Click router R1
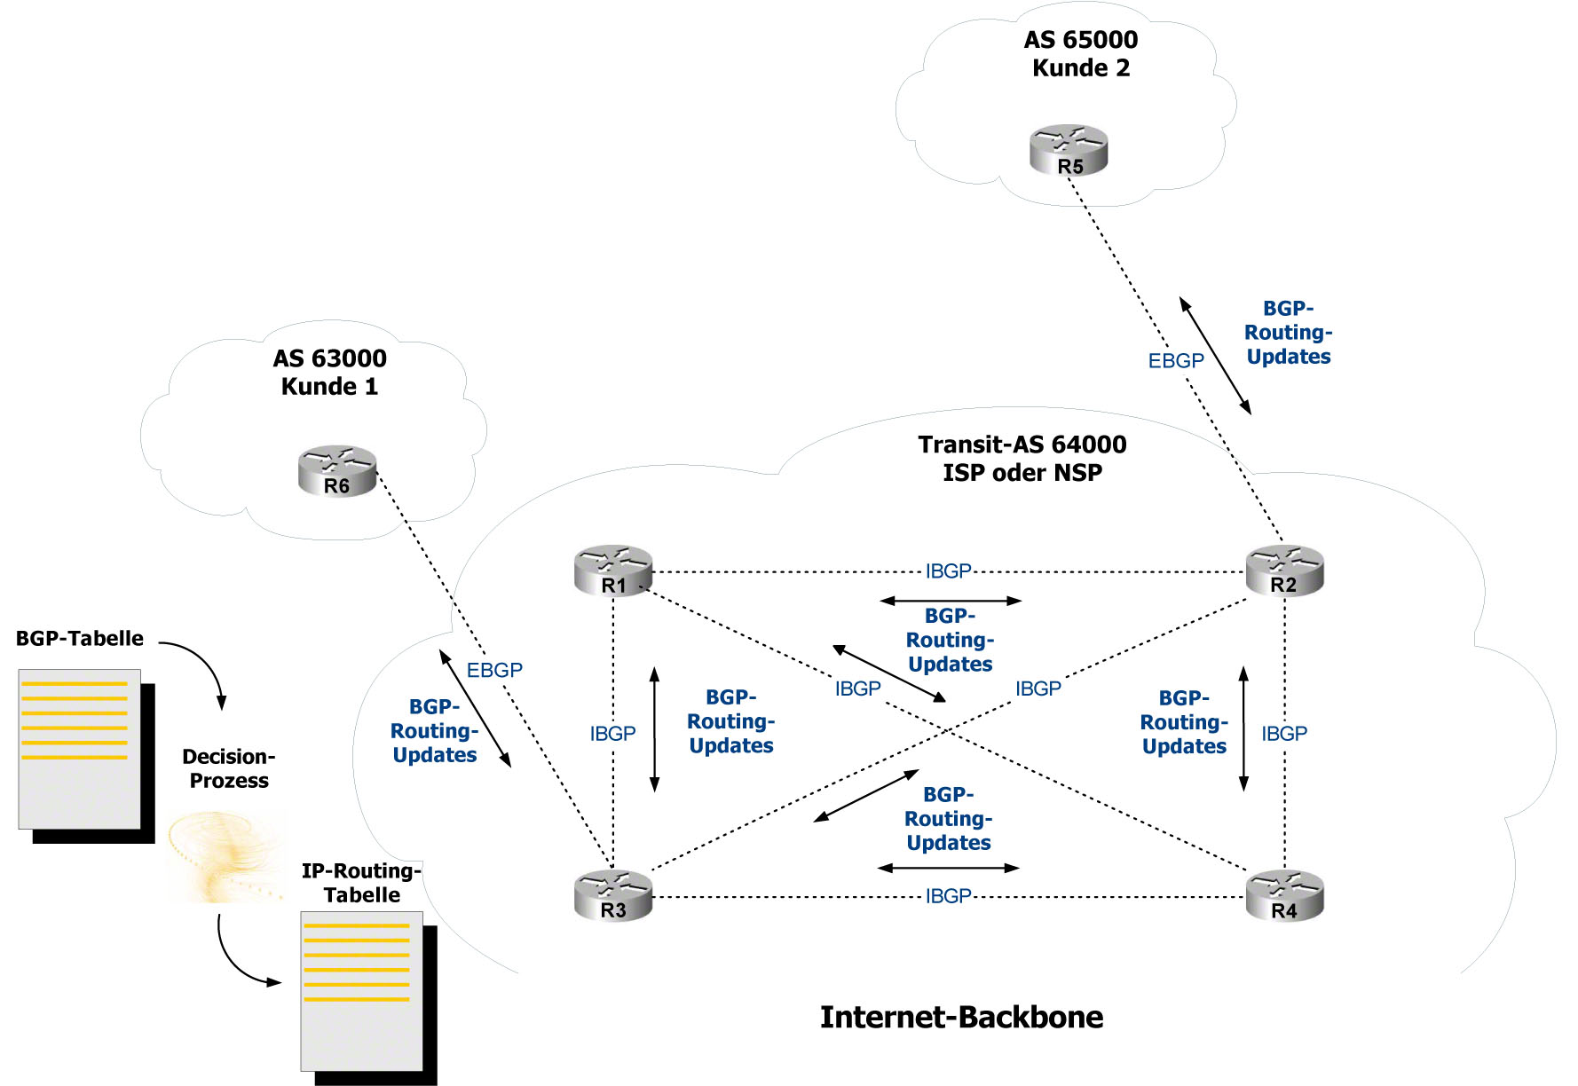pos(613,571)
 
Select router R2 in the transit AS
pos(1284,571)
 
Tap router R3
pos(613,895)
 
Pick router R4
pos(1284,895)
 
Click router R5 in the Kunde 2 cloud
pos(1069,150)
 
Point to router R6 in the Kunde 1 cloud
pos(337,470)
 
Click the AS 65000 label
pos(1080,40)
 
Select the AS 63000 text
pos(329,358)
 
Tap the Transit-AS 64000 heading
pos(1022,445)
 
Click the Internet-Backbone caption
pos(961,1017)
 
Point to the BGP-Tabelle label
pos(80,639)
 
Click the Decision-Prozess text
pos(229,768)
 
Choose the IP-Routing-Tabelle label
pos(361,883)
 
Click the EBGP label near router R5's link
pos(1176,361)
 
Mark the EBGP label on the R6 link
pos(494,670)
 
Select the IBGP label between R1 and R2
pos(948,571)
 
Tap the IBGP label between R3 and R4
pos(948,896)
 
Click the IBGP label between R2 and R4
pos(1284,734)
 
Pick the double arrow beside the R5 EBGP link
pos(1215,356)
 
